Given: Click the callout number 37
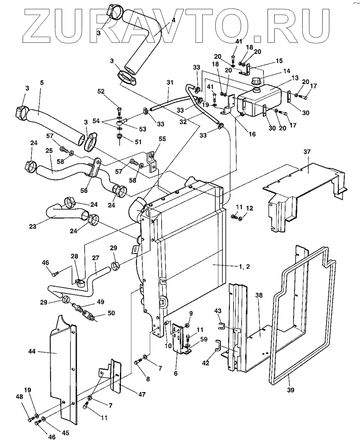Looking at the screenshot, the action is (x=306, y=152).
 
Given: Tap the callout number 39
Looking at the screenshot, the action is (x=290, y=390).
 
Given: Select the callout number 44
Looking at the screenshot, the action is (x=32, y=352).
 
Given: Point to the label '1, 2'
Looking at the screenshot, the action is (x=244, y=266).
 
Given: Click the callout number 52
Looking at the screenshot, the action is (x=101, y=91).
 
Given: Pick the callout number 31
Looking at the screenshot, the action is (x=170, y=82).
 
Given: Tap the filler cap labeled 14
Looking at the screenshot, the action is (x=255, y=81).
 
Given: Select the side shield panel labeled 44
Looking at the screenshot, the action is (x=64, y=370).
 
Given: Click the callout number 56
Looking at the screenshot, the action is (x=84, y=191).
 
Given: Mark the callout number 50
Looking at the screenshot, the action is (x=111, y=313).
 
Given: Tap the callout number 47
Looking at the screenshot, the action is (x=142, y=394).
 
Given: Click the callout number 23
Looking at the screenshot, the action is (x=33, y=226).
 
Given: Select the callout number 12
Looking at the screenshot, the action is (x=249, y=208).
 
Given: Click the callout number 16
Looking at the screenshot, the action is (x=252, y=134).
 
